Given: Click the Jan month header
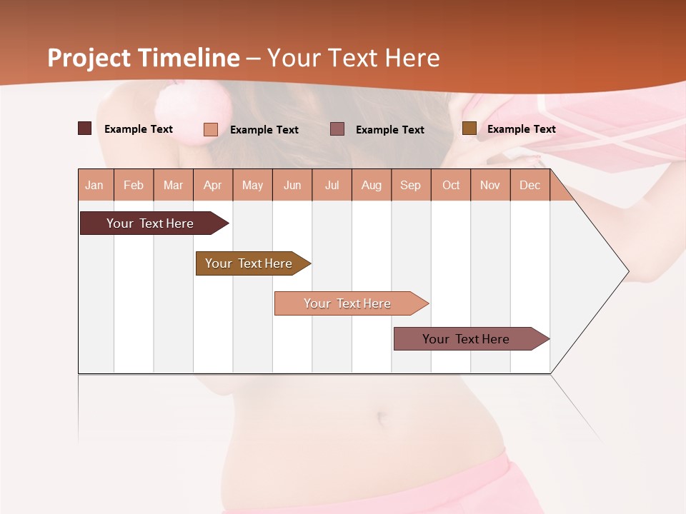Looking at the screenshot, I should tap(94, 185).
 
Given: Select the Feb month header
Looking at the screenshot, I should tap(134, 185).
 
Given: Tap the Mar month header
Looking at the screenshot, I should tap(173, 185).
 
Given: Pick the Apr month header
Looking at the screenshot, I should tap(213, 185).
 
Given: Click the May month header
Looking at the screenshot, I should tap(252, 185).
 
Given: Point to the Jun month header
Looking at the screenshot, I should tap(292, 185).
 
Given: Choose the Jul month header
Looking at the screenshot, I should tap(332, 185).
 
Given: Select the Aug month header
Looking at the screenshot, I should tap(372, 185).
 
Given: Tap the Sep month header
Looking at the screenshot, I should tap(411, 185).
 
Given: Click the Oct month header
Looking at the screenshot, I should tap(451, 185).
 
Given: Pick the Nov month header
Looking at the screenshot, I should tap(490, 185).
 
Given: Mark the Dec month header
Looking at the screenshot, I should tap(530, 185).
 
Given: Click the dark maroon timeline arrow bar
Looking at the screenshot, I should tap(150, 223).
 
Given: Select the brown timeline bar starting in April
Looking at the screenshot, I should tap(249, 263).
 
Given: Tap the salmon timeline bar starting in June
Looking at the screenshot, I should tap(347, 303).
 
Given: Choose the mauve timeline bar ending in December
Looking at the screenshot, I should tap(466, 339).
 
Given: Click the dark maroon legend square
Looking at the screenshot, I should tap(85, 128).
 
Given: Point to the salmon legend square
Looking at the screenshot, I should tap(211, 129).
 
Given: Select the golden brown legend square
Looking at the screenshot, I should tap(469, 128).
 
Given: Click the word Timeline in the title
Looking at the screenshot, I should tap(189, 58).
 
